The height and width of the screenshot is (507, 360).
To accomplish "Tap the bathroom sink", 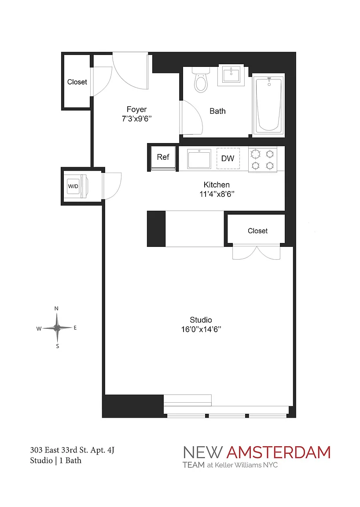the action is click(x=231, y=75).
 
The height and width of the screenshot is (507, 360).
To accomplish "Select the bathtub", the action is click(x=268, y=105).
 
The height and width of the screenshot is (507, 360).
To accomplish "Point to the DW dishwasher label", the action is click(x=228, y=158).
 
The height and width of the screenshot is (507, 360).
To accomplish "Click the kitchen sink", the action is click(x=199, y=158).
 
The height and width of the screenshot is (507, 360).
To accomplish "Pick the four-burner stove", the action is click(x=263, y=159).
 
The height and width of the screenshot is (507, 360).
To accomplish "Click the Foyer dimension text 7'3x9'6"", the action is click(x=137, y=119).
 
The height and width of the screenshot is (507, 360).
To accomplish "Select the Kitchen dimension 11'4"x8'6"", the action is click(x=217, y=194).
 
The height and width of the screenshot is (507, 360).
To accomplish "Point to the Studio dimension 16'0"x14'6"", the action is click(x=201, y=329).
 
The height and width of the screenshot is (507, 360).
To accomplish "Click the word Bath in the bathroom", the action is click(x=218, y=111).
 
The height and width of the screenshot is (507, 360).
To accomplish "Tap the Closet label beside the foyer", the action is click(x=77, y=82).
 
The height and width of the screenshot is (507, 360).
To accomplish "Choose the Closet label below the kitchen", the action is click(x=258, y=231).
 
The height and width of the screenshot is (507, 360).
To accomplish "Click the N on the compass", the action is click(x=56, y=309).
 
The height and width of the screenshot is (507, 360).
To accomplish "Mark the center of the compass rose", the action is click(x=57, y=328).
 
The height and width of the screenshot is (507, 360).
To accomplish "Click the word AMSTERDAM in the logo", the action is click(x=278, y=452).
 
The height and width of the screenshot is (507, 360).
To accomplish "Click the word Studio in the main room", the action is click(x=201, y=320).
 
